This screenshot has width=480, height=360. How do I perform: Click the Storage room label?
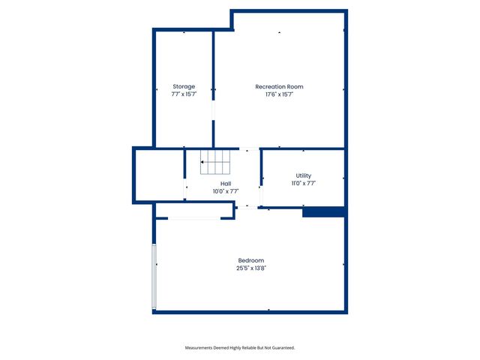tap(184, 86)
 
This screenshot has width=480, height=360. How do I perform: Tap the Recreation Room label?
tap(279, 86)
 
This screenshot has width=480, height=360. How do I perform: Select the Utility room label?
tap(303, 175)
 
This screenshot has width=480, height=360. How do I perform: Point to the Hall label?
tap(226, 183)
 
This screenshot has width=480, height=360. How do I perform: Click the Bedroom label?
tap(250, 260)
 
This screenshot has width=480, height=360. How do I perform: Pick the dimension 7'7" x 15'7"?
tap(184, 94)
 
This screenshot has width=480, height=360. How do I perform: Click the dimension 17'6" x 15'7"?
tap(279, 94)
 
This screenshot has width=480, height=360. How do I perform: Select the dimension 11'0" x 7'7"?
tap(303, 183)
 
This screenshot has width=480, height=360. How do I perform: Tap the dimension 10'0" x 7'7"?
tap(226, 190)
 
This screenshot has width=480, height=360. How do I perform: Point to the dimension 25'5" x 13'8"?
tap(250, 268)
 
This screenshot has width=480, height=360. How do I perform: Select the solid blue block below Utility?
tap(323, 212)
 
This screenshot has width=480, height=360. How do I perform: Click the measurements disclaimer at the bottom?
tap(240, 348)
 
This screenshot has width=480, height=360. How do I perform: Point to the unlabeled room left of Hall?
tap(159, 175)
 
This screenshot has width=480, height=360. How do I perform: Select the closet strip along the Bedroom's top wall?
tap(194, 218)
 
